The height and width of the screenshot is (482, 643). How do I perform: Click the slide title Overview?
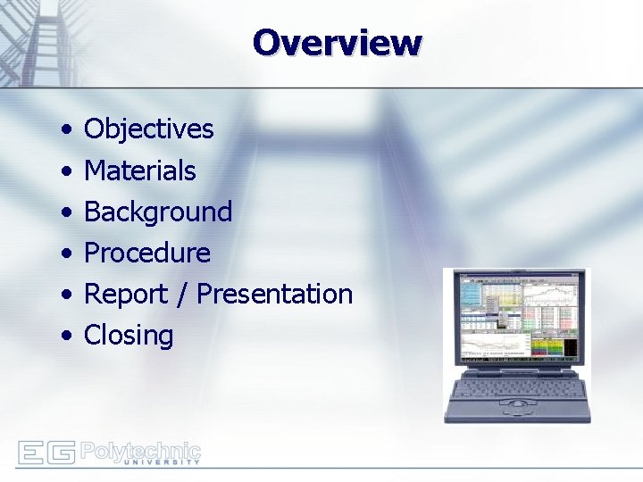coord(337,42)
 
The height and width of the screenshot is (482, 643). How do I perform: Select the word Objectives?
coord(148,129)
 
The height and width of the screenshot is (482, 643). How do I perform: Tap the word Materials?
coord(139,170)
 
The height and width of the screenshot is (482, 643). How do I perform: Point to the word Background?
coord(157,212)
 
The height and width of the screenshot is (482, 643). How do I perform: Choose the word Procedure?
coord(146,253)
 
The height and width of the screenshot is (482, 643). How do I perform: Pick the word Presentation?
coord(274,294)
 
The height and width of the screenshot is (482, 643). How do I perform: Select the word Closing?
coord(128,336)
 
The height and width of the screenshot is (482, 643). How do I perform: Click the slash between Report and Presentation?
coord(182,294)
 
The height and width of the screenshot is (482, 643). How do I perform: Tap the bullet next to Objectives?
coord(68,130)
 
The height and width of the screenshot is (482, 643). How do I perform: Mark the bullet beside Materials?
coord(68,171)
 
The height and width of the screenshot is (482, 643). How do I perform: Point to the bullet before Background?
coord(68,212)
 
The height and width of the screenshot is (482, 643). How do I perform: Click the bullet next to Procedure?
coord(68,253)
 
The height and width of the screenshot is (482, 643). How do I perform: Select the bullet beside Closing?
coord(68,337)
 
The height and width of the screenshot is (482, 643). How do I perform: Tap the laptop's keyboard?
coord(516,385)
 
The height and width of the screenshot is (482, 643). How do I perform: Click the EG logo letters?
coord(46,453)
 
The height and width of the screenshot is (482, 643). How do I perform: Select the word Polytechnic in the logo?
coord(140,449)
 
